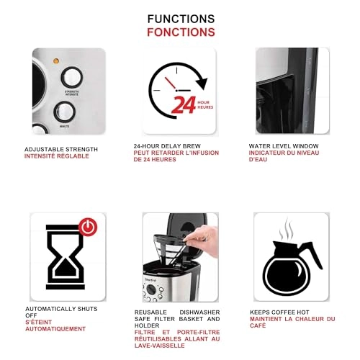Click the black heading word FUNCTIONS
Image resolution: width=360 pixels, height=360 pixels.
(181, 19)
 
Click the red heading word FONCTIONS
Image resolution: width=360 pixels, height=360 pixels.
(181, 32)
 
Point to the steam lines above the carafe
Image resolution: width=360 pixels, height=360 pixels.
(287, 230)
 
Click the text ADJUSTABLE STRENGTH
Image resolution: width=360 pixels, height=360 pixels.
(61, 149)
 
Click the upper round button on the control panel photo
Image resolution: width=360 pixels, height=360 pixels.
(71, 77)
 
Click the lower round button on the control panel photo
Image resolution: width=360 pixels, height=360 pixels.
(64, 112)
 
